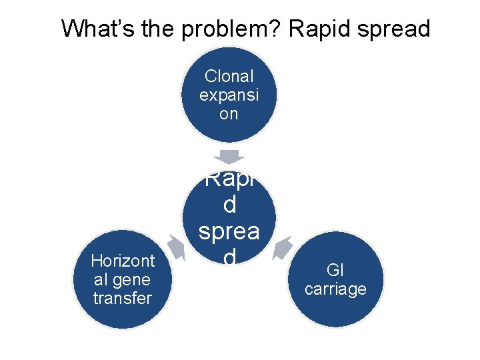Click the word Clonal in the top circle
point(229,77)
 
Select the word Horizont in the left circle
point(123,261)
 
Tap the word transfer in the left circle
point(123,297)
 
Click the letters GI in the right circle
point(335,270)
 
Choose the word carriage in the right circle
point(335,289)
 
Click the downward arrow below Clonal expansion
point(229,157)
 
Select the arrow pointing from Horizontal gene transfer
point(177,246)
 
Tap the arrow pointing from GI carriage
point(282,246)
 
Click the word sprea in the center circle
point(229,231)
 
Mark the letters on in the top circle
point(229,113)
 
